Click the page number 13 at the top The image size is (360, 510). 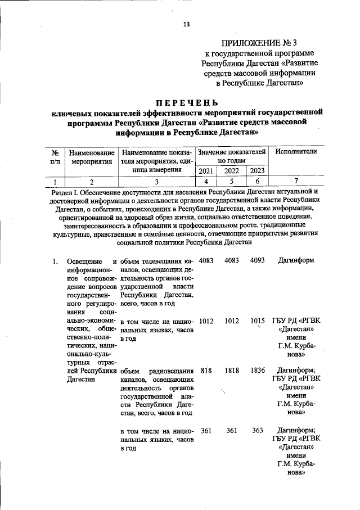(186, 24)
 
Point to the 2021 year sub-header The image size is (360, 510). (206, 170)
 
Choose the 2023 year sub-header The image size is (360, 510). (258, 170)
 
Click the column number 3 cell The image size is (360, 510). (157, 181)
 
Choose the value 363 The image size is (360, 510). (258, 430)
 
